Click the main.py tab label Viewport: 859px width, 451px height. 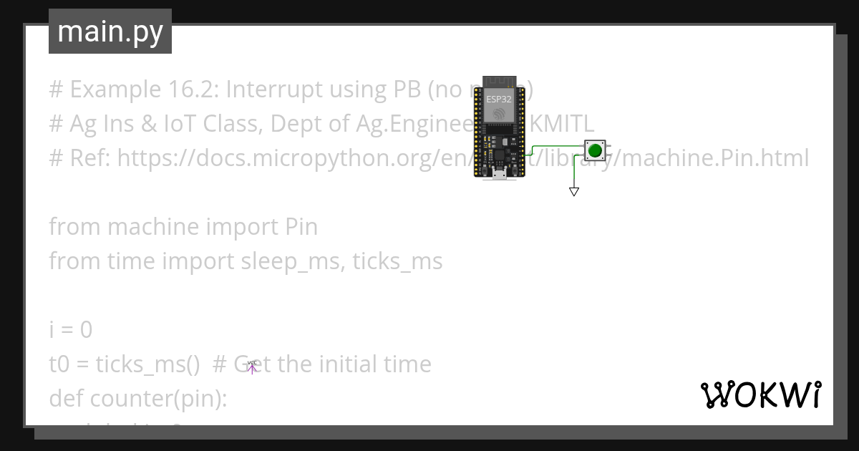click(110, 31)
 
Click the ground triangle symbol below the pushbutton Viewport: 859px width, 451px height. click(573, 191)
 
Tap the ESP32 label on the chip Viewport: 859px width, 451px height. click(499, 100)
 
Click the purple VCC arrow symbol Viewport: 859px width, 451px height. click(252, 368)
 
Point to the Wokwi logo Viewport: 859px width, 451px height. click(760, 394)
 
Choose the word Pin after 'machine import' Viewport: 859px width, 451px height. click(301, 228)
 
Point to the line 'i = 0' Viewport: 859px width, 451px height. click(70, 330)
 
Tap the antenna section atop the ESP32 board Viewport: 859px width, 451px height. click(499, 80)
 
